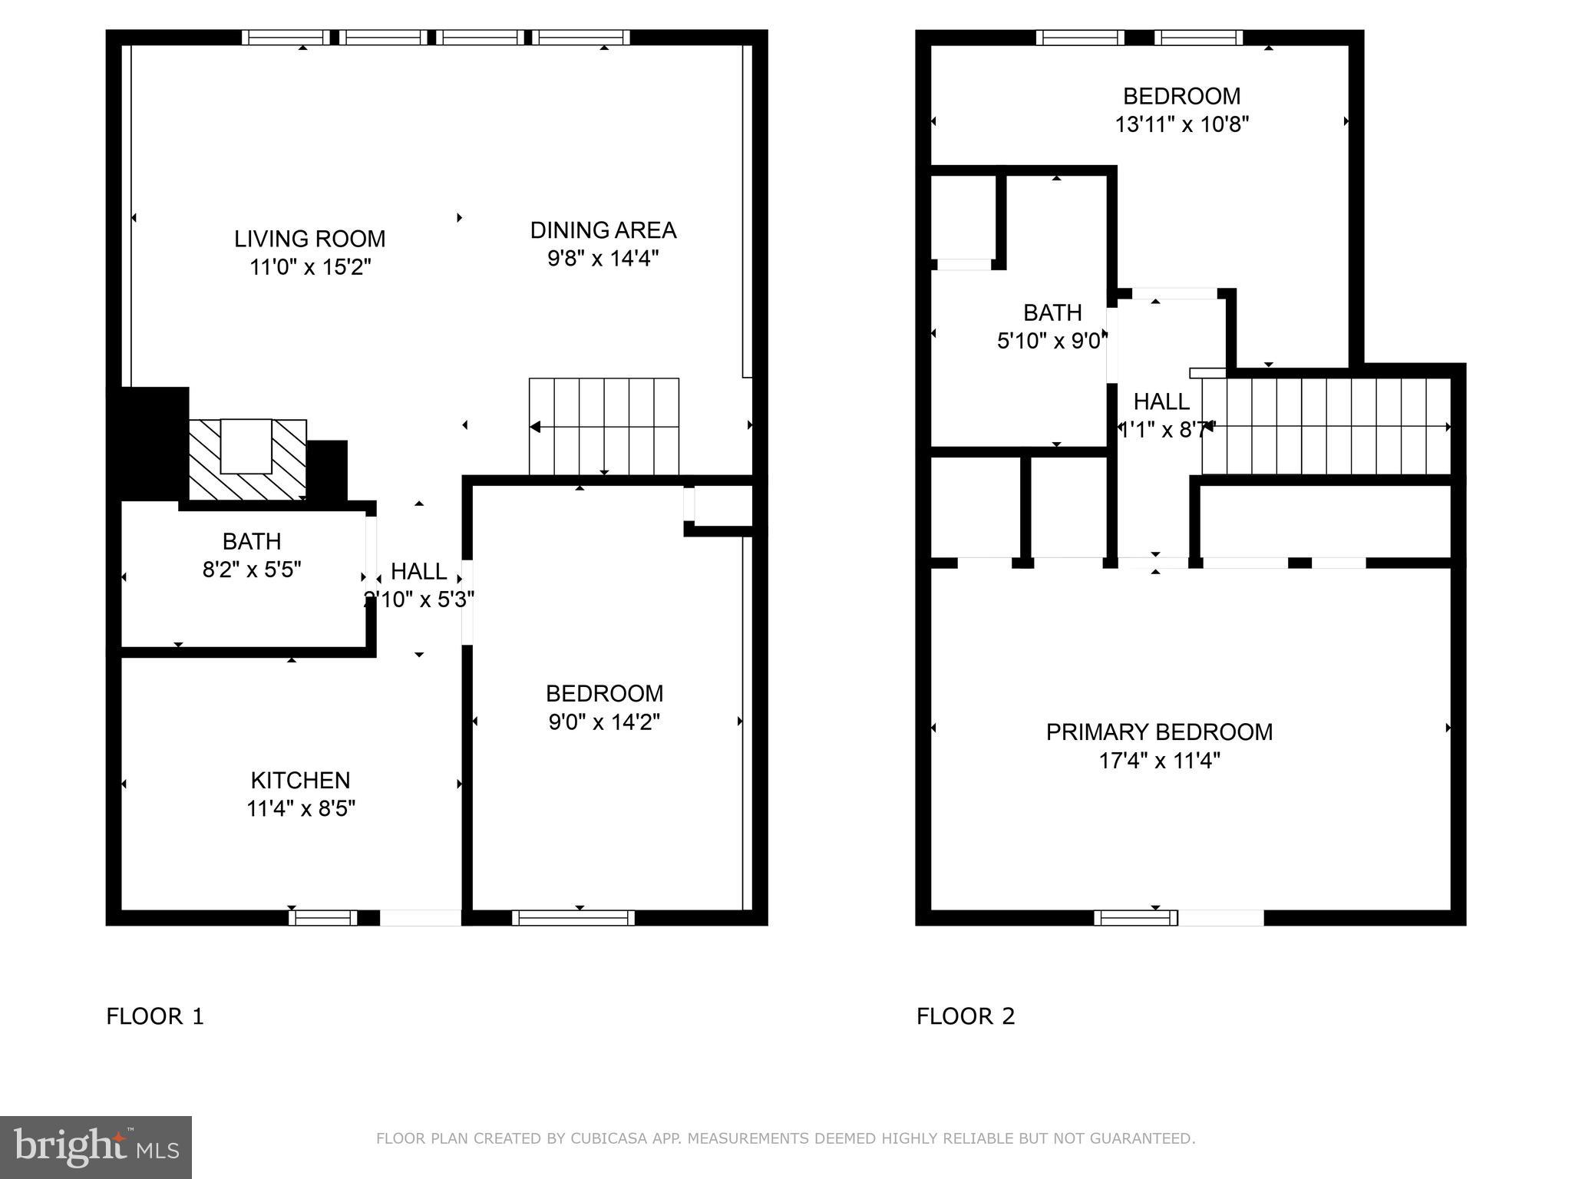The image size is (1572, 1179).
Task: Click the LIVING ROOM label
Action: pyautogui.click(x=309, y=239)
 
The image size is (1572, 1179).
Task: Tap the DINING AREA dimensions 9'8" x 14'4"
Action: pyautogui.click(x=603, y=259)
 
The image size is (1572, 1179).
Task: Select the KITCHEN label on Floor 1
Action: pyautogui.click(x=300, y=780)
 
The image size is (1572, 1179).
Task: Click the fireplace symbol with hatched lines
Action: pyautogui.click(x=247, y=459)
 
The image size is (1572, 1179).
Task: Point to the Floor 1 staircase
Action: pyautogui.click(x=604, y=427)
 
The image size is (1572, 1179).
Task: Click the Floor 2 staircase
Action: pyautogui.click(x=1326, y=427)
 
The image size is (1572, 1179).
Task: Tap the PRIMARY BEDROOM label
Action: pyautogui.click(x=1158, y=732)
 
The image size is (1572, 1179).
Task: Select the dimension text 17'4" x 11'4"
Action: pyautogui.click(x=1158, y=761)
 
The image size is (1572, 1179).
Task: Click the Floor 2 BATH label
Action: pyautogui.click(x=1052, y=312)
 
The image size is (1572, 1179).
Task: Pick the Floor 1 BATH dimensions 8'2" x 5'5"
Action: pyautogui.click(x=251, y=570)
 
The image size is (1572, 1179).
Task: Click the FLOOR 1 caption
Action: pyautogui.click(x=155, y=1016)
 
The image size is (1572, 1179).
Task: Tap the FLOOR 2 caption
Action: pyautogui.click(x=965, y=1016)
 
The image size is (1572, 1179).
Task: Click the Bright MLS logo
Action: pyautogui.click(x=96, y=1147)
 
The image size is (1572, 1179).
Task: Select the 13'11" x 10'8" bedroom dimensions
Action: pyautogui.click(x=1181, y=124)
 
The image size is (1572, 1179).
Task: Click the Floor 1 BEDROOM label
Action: pyautogui.click(x=604, y=693)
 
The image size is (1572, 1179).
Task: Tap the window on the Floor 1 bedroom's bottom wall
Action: pyautogui.click(x=573, y=918)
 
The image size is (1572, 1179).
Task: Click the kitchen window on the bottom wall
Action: pyautogui.click(x=322, y=918)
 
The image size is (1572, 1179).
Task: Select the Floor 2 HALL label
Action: pyautogui.click(x=1161, y=401)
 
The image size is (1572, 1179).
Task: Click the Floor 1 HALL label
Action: pyautogui.click(x=418, y=571)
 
